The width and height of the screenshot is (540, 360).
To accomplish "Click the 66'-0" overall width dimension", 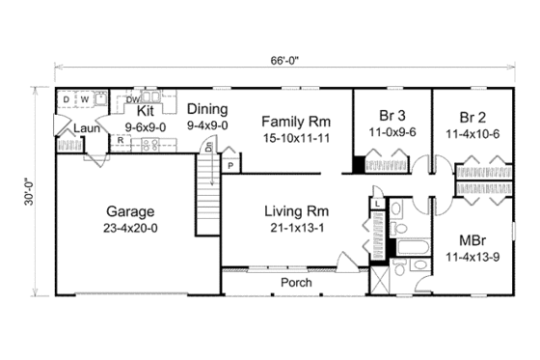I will click(x=285, y=60).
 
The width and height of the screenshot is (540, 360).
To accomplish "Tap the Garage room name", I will click(x=129, y=211).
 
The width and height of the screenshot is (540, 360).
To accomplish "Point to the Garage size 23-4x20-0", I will click(x=129, y=230).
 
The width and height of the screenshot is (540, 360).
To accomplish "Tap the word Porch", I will click(x=296, y=283).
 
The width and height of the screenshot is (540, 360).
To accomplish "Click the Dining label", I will click(x=206, y=108).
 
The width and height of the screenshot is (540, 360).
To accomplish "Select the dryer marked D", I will click(x=65, y=99).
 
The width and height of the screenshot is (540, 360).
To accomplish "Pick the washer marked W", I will click(x=84, y=99).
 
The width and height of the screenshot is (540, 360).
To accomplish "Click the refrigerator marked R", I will click(x=120, y=140).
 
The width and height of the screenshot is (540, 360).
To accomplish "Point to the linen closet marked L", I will click(x=375, y=204).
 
